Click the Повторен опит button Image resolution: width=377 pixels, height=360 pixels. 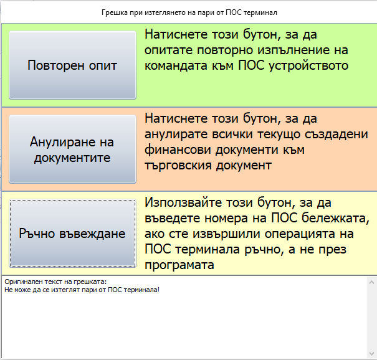[x=73, y=65]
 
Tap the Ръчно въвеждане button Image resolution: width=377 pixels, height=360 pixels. [x=73, y=233]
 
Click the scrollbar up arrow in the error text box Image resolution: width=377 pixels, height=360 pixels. [x=372, y=282]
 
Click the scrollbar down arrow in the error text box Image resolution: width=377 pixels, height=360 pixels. [x=372, y=353]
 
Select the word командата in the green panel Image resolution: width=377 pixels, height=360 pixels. [x=176, y=65]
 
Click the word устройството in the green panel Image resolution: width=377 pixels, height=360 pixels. [x=308, y=66]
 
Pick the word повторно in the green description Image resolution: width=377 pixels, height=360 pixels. [x=226, y=50]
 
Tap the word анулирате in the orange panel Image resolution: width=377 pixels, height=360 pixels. [x=176, y=135]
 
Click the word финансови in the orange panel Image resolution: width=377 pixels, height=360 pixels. [x=178, y=150]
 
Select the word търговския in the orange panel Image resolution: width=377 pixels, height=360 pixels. [x=178, y=166]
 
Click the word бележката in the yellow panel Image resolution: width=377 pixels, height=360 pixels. [x=335, y=218]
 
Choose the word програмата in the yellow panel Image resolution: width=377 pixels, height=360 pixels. [x=179, y=265]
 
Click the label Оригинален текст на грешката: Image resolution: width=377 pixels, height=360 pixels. [x=55, y=282]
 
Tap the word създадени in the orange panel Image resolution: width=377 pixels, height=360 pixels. [x=336, y=135]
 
